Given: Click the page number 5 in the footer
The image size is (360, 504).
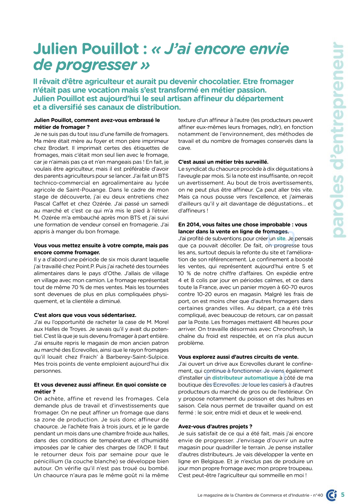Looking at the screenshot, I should (343, 494).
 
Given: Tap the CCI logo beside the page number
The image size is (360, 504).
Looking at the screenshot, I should (332, 495).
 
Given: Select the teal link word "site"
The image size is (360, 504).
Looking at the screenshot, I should (281, 239).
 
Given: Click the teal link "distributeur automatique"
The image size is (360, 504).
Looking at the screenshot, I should (245, 378).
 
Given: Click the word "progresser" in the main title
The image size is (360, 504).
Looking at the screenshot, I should (97, 65).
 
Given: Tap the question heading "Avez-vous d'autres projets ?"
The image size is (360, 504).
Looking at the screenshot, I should (215, 426).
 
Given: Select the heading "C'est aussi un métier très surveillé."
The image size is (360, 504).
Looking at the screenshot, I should (223, 162).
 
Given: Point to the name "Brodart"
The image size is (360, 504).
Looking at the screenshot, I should (59, 148).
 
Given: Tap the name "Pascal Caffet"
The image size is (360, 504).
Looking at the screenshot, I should (49, 204).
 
